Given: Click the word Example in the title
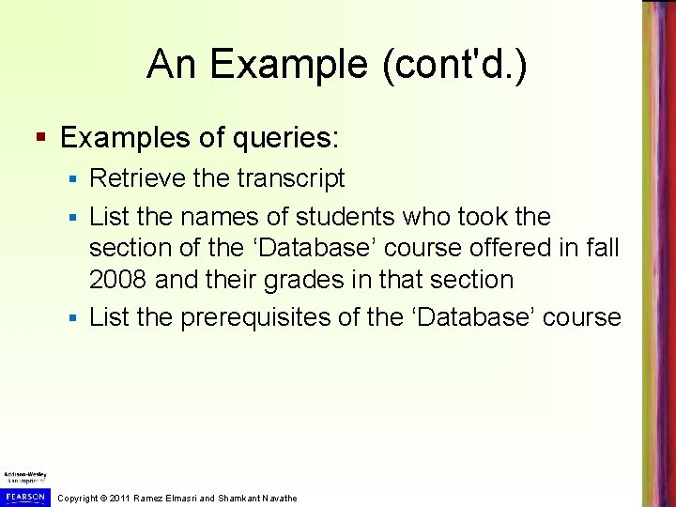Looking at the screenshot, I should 269,66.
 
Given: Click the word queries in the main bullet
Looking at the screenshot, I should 285,138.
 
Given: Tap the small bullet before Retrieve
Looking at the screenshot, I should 73,178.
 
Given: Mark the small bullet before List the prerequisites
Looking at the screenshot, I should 73,317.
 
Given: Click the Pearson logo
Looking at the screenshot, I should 24,496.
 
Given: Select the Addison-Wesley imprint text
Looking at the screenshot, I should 24,478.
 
